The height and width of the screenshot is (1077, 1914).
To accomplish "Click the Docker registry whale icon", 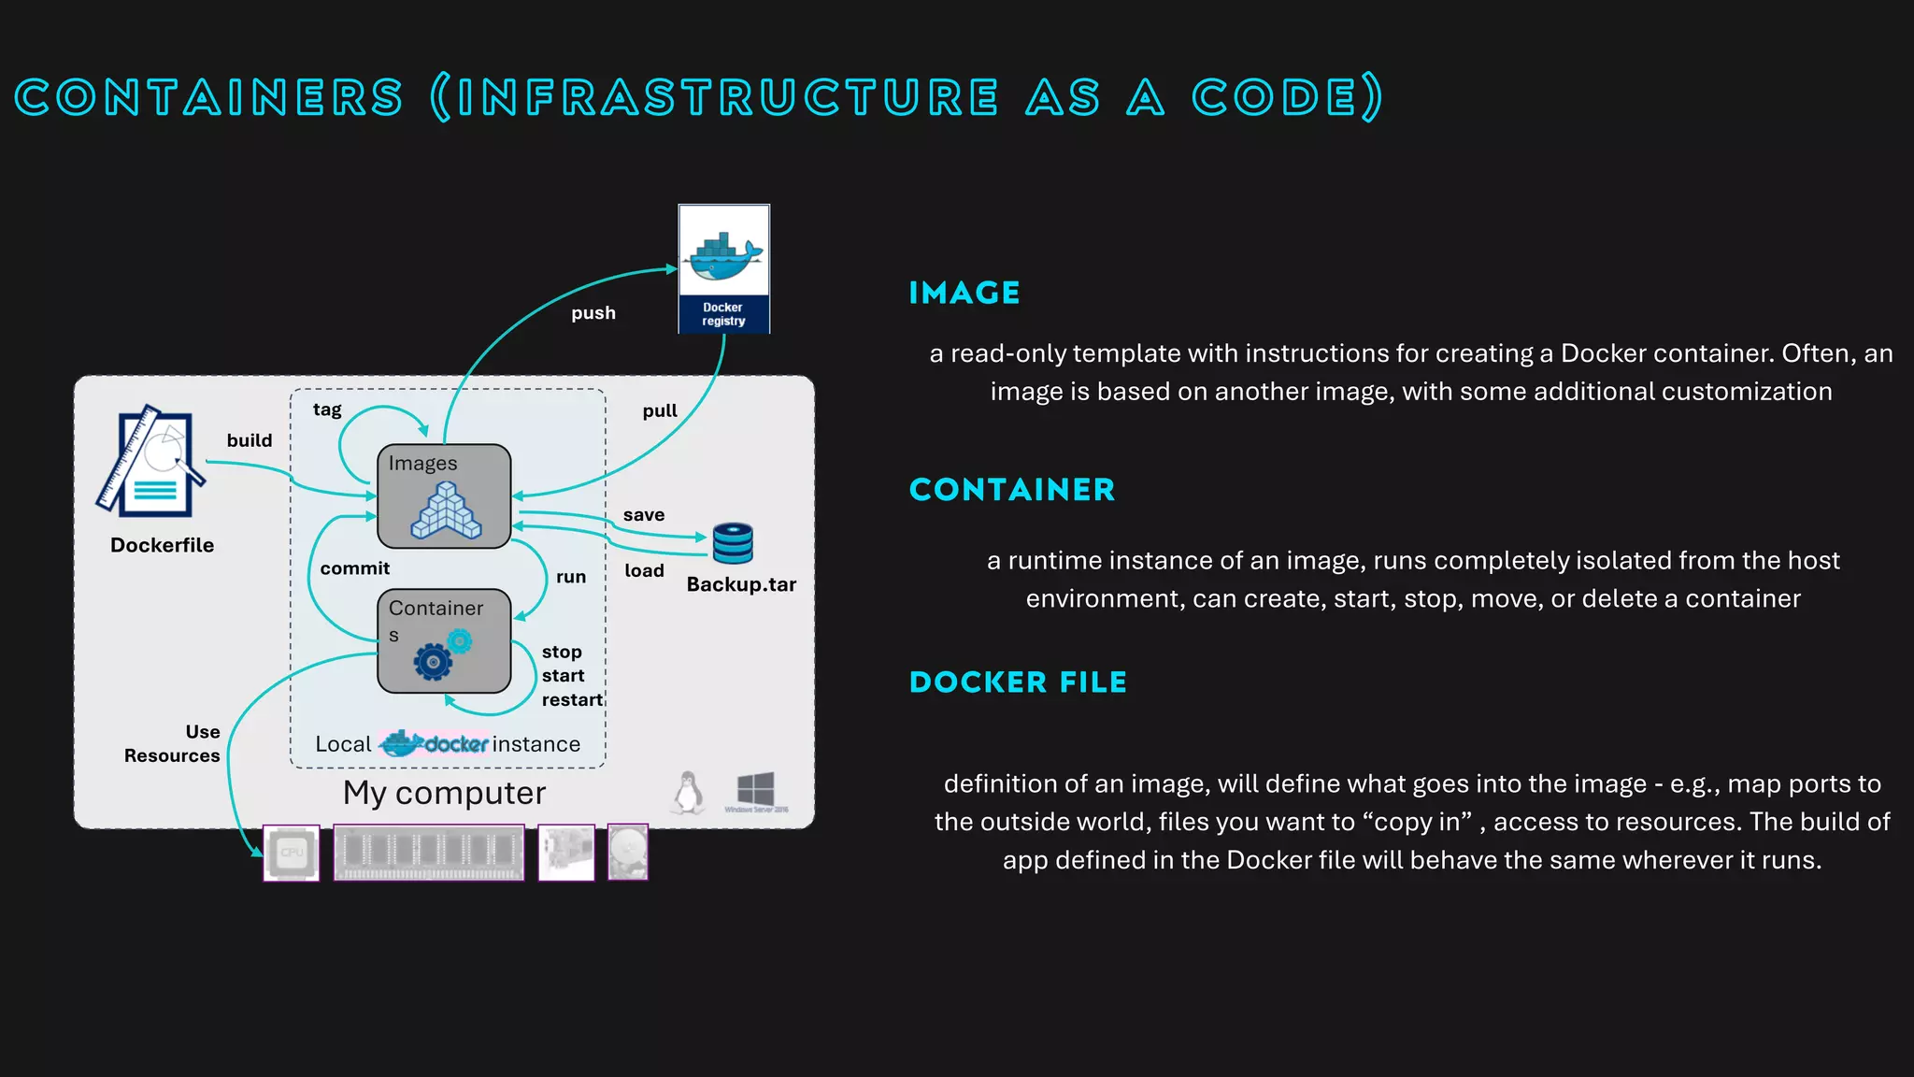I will (x=723, y=256).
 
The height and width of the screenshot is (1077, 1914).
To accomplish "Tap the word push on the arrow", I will (x=593, y=313).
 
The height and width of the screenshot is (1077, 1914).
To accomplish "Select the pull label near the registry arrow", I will (x=660, y=411).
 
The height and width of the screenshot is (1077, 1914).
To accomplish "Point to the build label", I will (x=250, y=440).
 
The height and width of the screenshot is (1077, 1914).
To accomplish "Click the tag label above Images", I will (x=327, y=409).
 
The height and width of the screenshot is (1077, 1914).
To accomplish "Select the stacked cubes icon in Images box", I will (x=446, y=511).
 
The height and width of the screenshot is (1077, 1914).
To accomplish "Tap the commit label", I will (x=354, y=568).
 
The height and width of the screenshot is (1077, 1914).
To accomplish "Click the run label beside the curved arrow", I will (x=571, y=577).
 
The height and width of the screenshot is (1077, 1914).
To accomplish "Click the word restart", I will (x=572, y=700).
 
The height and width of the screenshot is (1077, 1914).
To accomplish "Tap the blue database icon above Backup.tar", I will (x=733, y=543).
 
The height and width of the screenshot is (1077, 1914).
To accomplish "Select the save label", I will (x=644, y=515).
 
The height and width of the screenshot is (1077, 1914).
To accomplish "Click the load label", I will (x=644, y=571).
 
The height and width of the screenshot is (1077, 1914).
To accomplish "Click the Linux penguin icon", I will (x=689, y=793).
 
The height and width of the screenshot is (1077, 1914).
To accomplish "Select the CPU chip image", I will (x=292, y=853).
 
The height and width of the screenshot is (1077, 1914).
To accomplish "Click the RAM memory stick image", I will (x=429, y=853).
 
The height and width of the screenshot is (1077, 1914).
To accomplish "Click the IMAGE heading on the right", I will (x=964, y=294).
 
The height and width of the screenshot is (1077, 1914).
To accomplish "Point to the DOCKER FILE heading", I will (x=1018, y=682).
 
